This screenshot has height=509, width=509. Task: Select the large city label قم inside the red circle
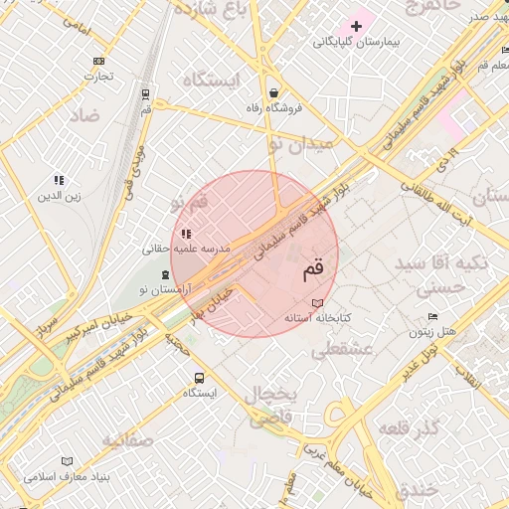click(311, 268)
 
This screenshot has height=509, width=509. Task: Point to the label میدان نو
click(302, 144)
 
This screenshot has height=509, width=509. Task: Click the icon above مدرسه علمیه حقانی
click(186, 234)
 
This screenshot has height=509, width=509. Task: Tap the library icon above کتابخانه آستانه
click(317, 303)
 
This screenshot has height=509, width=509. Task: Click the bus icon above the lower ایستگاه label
click(199, 378)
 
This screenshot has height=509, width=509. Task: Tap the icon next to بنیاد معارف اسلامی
click(68, 461)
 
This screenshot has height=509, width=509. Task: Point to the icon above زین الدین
click(59, 180)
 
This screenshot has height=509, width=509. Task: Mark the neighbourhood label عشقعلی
click(341, 350)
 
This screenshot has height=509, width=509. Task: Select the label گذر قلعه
click(408, 427)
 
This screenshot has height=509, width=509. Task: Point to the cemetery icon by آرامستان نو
click(165, 274)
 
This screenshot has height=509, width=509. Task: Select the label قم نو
click(189, 203)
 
